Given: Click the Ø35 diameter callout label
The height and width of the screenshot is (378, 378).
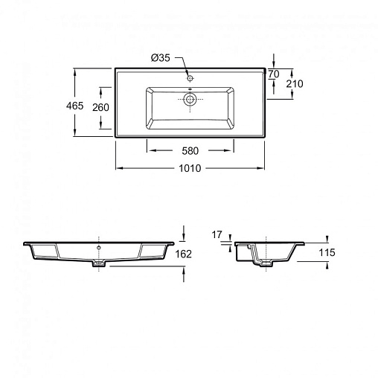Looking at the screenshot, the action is click(161, 58).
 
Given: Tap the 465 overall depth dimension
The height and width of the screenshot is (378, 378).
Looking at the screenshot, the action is click(74, 106).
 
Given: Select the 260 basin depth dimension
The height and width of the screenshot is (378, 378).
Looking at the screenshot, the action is click(100, 107).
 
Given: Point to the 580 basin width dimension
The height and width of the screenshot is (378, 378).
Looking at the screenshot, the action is click(190, 151).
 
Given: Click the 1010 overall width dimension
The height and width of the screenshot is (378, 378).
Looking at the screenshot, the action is click(190, 168).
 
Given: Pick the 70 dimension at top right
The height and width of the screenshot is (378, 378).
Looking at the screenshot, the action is click(274, 74).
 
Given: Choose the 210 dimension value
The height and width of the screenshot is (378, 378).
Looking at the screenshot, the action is click(295, 84).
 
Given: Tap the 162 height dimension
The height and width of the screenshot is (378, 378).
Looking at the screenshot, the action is click(184, 254).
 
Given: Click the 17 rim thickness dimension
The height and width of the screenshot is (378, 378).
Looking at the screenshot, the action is click(217, 234).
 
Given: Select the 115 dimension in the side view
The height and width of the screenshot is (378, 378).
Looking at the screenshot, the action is click(327, 253).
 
